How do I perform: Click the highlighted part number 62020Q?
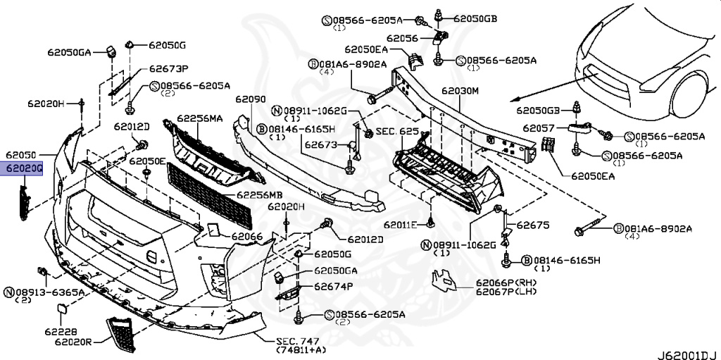click(25, 169)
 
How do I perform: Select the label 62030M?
click(460, 91)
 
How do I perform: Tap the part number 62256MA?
click(199, 118)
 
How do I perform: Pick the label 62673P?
click(168, 69)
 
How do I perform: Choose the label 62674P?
click(334, 285)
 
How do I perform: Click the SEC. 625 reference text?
click(397, 132)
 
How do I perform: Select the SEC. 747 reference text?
click(296, 339)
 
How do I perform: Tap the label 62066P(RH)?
click(506, 283)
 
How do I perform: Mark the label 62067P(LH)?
click(506, 292)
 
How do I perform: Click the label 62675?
click(532, 225)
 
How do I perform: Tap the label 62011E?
click(401, 225)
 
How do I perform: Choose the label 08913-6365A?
click(49, 291)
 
